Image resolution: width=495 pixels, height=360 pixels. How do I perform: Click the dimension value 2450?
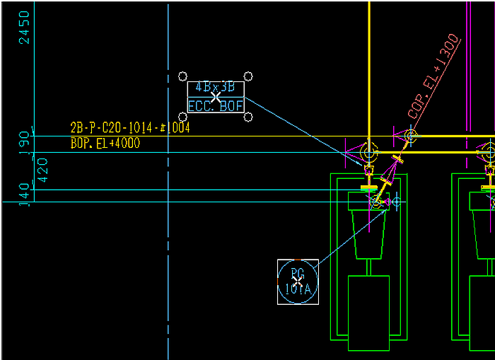tap(25, 28)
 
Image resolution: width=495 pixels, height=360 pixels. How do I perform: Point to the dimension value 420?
tap(42, 170)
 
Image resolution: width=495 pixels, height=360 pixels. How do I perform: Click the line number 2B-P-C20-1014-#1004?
tap(129, 128)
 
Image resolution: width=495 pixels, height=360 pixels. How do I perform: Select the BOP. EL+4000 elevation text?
tap(105, 144)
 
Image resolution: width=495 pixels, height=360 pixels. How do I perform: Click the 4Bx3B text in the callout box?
tap(215, 88)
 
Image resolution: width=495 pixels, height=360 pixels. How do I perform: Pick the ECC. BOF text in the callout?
tap(216, 106)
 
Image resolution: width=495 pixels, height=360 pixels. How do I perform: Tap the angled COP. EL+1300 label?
tap(434, 78)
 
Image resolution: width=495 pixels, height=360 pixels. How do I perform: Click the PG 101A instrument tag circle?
tap(298, 281)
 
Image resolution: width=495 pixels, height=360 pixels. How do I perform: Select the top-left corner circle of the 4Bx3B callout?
tap(182, 76)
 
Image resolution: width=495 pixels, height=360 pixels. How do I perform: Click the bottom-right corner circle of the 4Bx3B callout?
tap(249, 117)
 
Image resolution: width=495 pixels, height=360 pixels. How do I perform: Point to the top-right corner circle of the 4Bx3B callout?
tap(249, 76)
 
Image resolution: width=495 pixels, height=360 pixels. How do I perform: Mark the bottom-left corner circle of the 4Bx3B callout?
tap(182, 117)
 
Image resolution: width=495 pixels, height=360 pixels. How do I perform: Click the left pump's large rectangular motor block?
tap(368, 313)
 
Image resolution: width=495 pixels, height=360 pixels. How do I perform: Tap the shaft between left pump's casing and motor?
tap(368, 267)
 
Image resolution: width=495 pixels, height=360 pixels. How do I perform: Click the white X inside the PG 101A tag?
tap(298, 281)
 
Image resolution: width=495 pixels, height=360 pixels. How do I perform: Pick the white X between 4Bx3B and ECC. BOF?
tap(215, 98)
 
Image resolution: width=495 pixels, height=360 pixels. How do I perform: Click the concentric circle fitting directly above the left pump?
tap(368, 152)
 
